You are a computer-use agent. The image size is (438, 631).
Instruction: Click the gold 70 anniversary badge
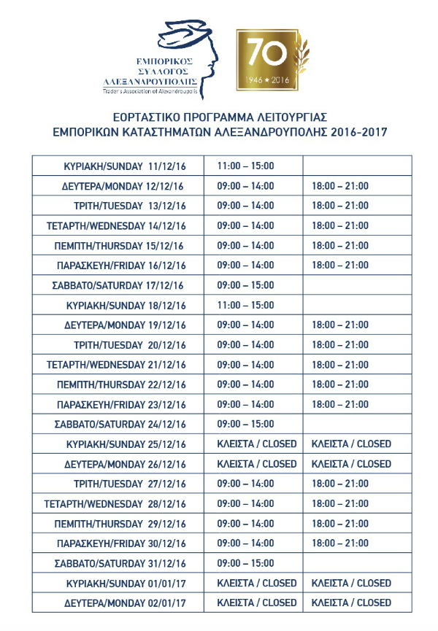267,60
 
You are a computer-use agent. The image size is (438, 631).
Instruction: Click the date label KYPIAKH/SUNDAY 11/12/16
125,166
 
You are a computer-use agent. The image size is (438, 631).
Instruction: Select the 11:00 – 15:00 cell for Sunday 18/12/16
245,305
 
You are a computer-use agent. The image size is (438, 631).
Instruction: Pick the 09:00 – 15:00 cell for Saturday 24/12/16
245,424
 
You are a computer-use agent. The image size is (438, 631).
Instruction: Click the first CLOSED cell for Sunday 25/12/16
257,444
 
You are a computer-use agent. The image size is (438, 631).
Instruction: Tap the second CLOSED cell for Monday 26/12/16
351,464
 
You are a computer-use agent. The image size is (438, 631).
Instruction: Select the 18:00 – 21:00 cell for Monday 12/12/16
340,186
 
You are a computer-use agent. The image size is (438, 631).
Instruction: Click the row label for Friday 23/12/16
121,404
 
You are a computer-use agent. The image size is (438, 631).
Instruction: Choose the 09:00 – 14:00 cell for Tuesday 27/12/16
245,484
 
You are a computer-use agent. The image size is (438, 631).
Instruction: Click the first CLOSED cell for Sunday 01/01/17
257,583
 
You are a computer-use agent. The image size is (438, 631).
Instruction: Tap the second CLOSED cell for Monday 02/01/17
351,603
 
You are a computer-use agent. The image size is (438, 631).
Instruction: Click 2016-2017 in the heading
358,132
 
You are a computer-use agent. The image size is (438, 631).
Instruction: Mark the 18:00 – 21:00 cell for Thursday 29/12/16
340,524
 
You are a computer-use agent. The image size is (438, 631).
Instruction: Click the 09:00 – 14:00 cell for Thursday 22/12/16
245,384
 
